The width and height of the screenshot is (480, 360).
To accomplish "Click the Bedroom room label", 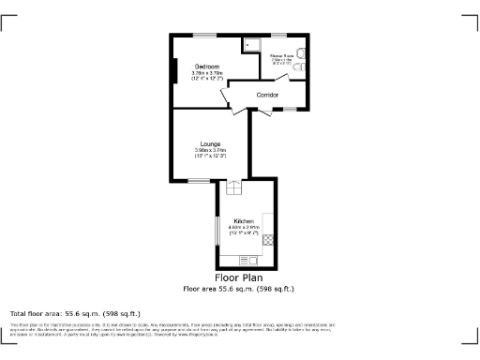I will point(207,67).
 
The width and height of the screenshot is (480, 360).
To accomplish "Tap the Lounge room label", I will point(209,143).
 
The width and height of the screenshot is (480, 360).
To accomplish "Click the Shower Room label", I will point(281,56).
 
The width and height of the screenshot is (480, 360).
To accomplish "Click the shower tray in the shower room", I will point(252,44).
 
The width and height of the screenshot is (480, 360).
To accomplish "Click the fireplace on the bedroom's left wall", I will point(174,71).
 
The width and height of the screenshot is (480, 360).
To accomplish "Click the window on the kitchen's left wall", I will point(218,232).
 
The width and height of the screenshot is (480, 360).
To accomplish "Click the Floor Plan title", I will point(238,277).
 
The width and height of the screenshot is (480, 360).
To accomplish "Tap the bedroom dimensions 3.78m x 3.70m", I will point(207,75).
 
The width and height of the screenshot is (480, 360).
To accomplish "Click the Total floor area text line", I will point(75,312).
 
